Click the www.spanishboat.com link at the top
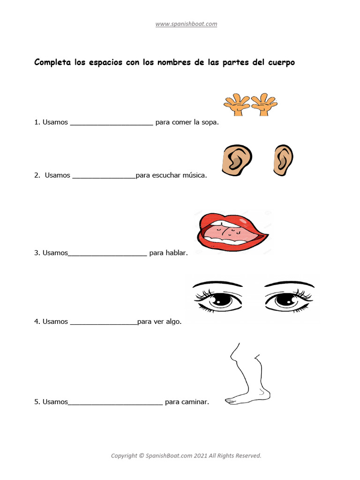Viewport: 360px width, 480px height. [186, 24]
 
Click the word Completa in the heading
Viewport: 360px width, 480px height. [52, 62]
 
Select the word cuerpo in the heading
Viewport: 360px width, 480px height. [280, 62]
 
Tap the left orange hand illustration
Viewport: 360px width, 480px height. [236, 105]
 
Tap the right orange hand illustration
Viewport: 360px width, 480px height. [264, 105]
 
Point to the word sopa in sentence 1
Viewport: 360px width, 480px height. [209, 123]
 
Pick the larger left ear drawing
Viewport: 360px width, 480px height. [236, 160]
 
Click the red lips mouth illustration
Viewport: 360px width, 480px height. [232, 232]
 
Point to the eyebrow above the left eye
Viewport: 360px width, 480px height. [218, 284]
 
